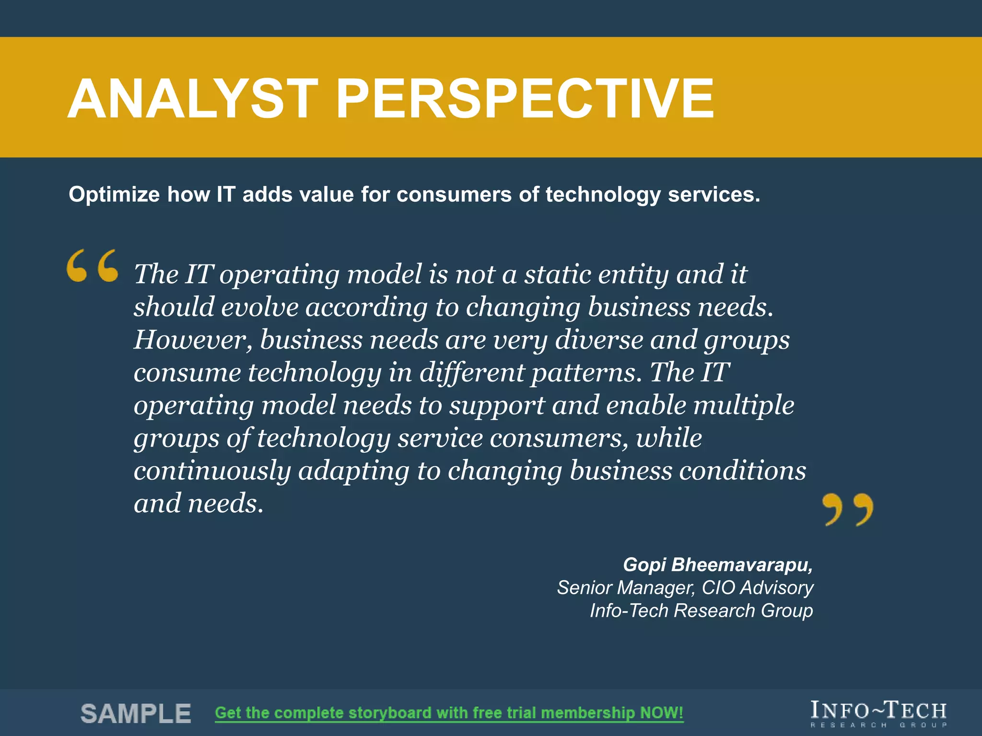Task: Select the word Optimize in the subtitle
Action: coord(114,195)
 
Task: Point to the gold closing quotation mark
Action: coord(847,509)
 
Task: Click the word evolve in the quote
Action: coord(259,307)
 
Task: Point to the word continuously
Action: coord(212,471)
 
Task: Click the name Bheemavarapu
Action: coord(742,565)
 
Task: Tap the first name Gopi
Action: coord(644,565)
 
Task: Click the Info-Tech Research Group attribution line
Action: coord(701,611)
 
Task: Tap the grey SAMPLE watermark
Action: coord(136,713)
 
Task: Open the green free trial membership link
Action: coord(449,713)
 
